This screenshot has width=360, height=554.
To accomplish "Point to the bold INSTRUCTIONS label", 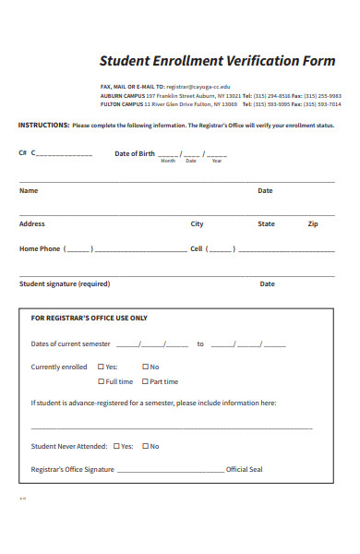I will [x=43, y=125].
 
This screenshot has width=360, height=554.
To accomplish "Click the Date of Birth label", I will [x=135, y=153].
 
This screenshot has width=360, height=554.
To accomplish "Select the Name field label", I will [x=29, y=191].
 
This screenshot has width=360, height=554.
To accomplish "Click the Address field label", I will [x=32, y=224].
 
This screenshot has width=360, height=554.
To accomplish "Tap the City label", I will [x=198, y=224].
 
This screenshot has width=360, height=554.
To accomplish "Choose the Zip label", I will [x=313, y=224].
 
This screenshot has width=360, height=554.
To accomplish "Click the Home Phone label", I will [x=40, y=249].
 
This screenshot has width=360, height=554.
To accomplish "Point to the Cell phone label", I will [x=196, y=249].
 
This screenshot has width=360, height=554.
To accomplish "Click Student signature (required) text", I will [x=65, y=284].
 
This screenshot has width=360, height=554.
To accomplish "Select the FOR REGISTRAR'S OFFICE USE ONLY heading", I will [x=90, y=319].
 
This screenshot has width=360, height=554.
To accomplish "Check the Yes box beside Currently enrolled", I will [x=102, y=367].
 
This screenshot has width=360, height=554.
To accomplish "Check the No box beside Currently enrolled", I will [x=145, y=367].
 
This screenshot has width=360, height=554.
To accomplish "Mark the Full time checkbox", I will [x=102, y=381].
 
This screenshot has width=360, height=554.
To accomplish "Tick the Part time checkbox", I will [x=145, y=381].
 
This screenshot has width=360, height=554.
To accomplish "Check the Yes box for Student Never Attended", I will [x=115, y=447].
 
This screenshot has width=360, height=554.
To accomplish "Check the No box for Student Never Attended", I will [x=145, y=447].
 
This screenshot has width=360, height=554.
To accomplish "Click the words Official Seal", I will [x=245, y=470].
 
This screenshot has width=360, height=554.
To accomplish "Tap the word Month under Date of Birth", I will [x=167, y=162].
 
